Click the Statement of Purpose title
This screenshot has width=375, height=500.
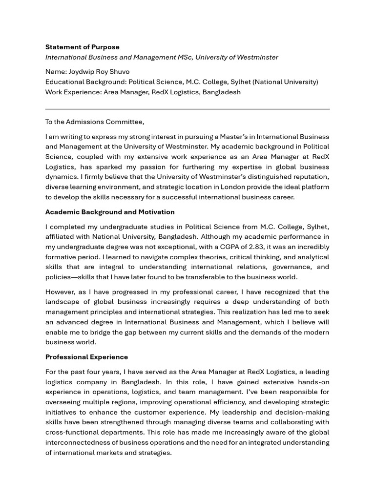[x=82, y=47]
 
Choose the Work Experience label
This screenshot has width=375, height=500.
[x=73, y=92]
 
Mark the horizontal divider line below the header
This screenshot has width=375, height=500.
[x=187, y=109]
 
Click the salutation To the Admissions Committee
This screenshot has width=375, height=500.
[x=95, y=122]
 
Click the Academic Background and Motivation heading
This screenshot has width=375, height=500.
[x=110, y=212]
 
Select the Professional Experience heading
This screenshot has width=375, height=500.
[x=86, y=357]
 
